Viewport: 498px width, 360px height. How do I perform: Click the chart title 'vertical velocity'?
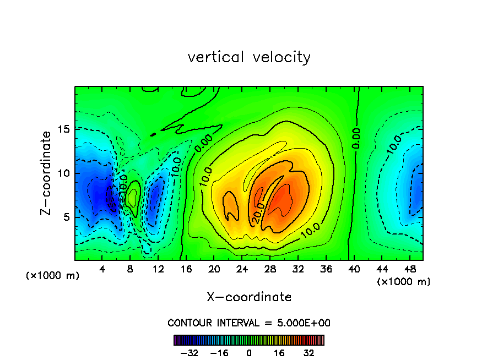(x=249, y=57)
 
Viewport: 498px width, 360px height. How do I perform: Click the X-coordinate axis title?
(x=249, y=297)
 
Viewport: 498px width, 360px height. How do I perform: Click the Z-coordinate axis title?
(x=47, y=173)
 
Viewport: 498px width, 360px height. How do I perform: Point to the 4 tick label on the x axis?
(x=102, y=269)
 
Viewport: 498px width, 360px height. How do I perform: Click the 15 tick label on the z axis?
(x=64, y=129)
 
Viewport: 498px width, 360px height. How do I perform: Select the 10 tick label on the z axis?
(x=64, y=173)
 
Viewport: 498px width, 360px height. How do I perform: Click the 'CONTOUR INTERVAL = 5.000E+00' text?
(x=249, y=323)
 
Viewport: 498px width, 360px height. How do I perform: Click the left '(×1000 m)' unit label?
(x=53, y=276)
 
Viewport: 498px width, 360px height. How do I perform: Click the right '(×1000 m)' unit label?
(x=404, y=282)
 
